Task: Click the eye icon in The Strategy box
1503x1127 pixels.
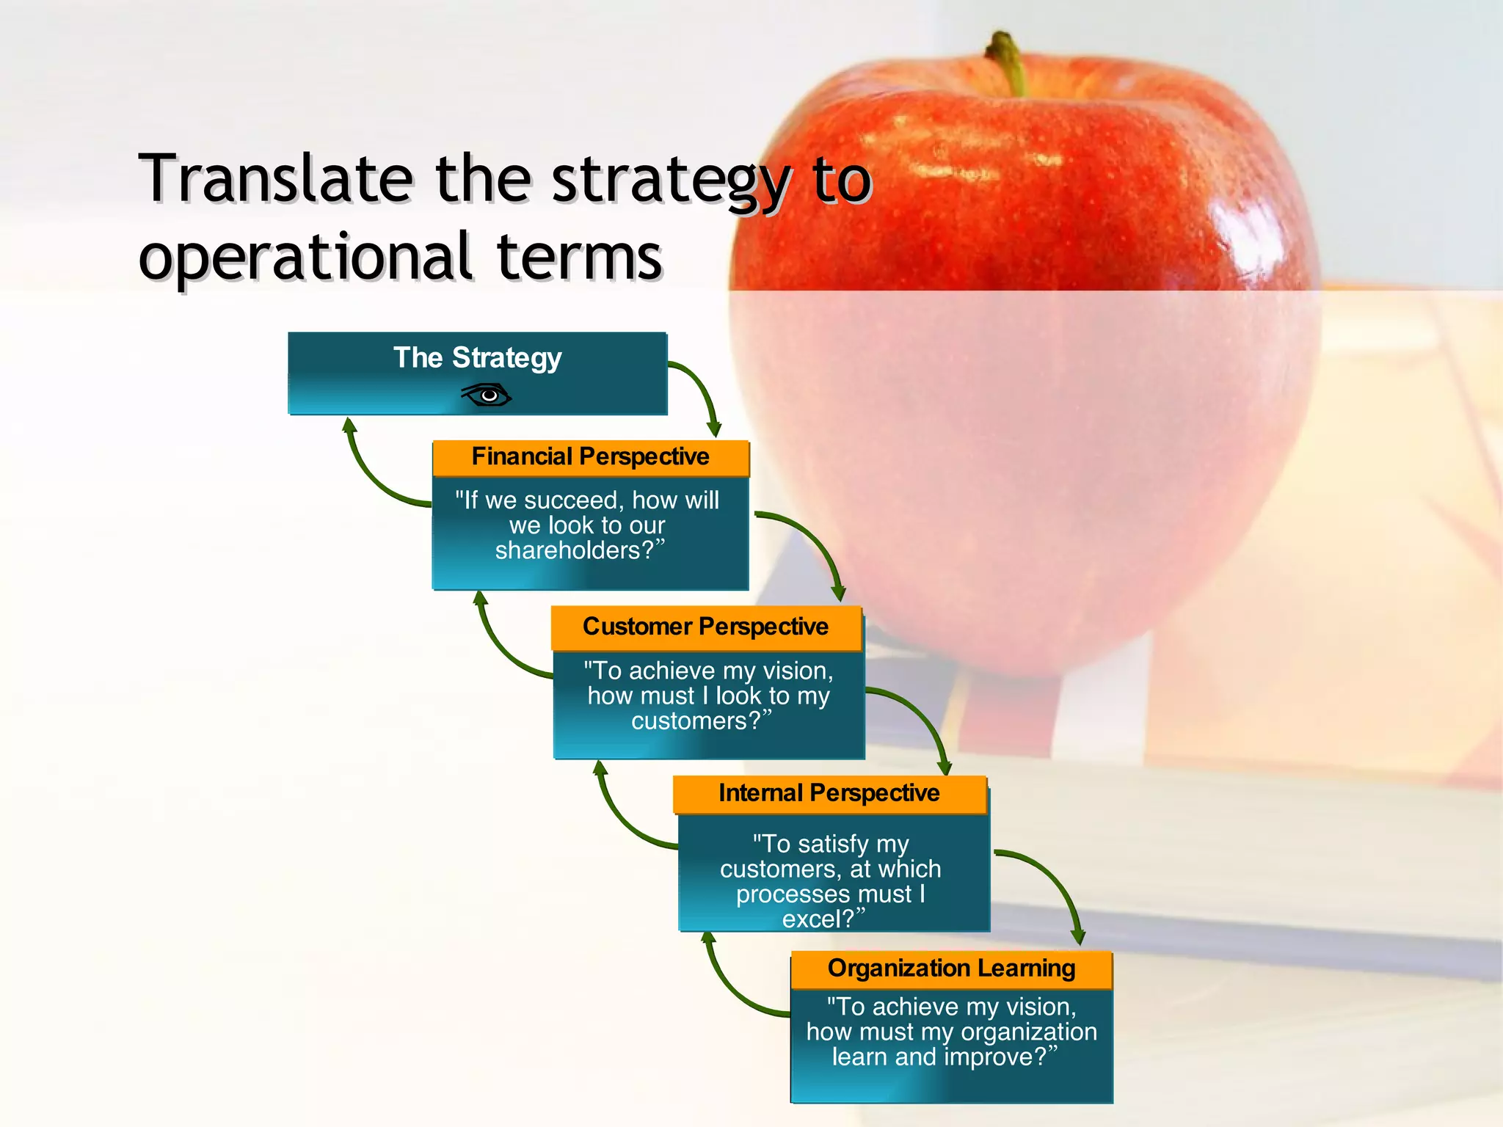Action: click(487, 395)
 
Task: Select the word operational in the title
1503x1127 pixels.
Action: click(305, 257)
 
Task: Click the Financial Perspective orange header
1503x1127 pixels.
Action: click(590, 457)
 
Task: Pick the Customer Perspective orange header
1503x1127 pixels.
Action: click(705, 627)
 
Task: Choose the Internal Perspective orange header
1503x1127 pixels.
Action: click(829, 793)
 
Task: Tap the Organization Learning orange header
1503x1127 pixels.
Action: click(951, 969)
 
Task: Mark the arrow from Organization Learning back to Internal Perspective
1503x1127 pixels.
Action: click(727, 987)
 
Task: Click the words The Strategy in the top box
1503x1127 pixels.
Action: click(477, 358)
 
